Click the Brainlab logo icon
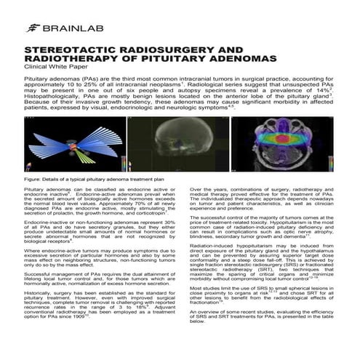(x=33, y=28)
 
